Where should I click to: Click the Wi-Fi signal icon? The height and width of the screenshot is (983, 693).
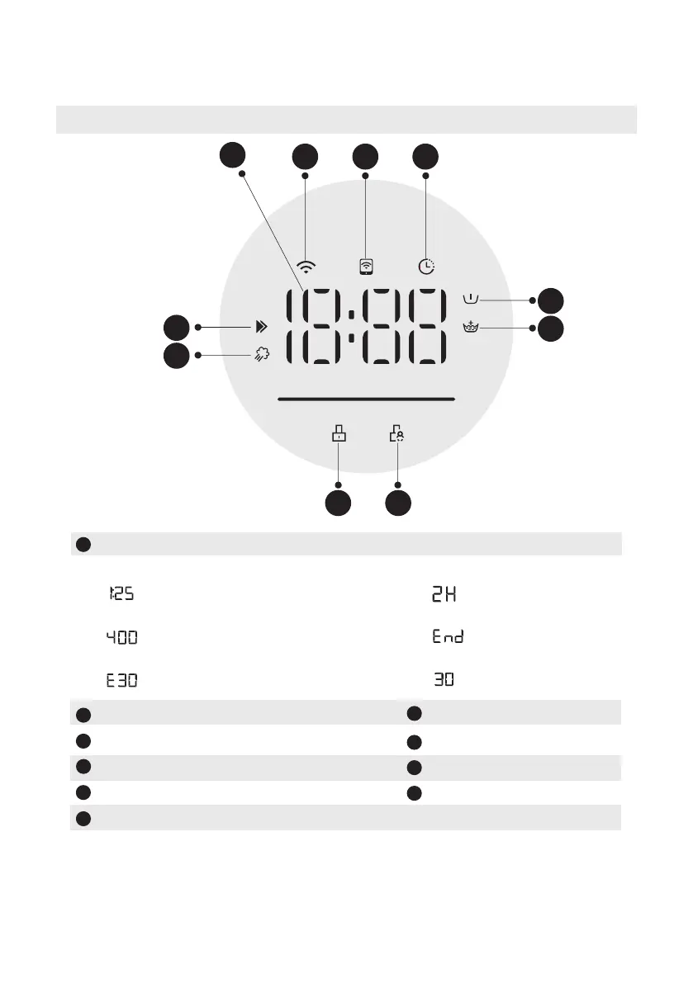click(306, 267)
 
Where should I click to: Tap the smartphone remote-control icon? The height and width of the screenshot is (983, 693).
click(366, 267)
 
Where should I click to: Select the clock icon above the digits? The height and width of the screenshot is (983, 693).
click(426, 267)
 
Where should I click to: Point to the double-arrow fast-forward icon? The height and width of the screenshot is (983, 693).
click(261, 328)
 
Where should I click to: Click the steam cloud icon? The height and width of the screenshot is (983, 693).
click(261, 356)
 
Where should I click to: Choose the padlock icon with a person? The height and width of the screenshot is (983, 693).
click(397, 436)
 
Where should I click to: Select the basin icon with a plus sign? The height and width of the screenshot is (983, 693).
click(472, 328)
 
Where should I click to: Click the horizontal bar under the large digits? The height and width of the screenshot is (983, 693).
click(367, 399)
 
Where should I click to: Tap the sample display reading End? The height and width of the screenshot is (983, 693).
click(448, 637)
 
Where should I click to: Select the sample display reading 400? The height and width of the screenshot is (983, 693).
click(121, 637)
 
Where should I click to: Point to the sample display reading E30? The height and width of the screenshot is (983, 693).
click(121, 682)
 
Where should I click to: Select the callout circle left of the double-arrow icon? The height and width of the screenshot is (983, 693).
click(176, 328)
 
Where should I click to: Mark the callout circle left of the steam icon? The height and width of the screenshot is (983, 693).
click(176, 356)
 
